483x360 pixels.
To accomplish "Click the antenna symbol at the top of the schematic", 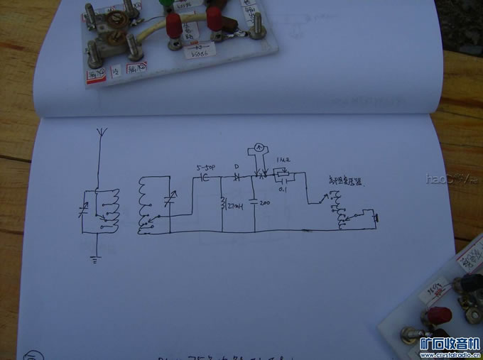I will point(99,133).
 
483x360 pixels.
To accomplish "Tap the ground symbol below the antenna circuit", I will point(95,260).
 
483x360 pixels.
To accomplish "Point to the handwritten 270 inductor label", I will point(234,207).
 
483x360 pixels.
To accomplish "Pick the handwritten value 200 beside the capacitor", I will point(265,203).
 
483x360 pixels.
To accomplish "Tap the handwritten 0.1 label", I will point(282,189).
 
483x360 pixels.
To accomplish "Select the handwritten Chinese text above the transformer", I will point(344,182).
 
